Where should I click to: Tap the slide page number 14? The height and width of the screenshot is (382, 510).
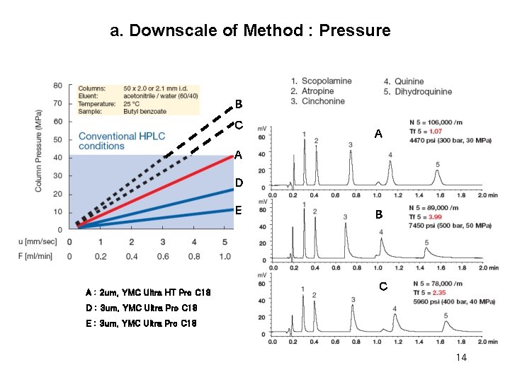coord(461,358)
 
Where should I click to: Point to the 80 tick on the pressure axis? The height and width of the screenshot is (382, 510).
coord(57,86)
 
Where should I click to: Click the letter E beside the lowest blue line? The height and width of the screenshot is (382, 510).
coord(239,210)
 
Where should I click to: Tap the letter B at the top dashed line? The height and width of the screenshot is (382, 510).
coord(239,104)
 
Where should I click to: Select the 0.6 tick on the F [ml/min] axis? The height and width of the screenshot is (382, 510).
coord(162,256)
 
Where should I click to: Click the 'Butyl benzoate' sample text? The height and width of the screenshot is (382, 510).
coord(146,111)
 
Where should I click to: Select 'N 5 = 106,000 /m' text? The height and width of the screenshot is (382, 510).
coord(443,122)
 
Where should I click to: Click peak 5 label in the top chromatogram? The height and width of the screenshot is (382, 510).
coord(437,165)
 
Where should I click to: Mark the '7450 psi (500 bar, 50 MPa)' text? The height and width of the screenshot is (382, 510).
coord(450,226)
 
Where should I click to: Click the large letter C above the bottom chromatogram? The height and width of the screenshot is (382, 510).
coord(382,286)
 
